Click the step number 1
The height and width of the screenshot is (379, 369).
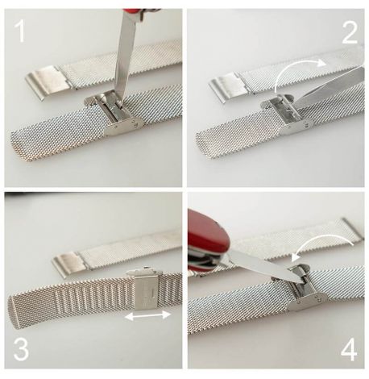pos(20,31)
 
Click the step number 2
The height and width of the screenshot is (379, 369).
pos(350,33)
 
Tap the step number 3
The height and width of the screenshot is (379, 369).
pos(21,349)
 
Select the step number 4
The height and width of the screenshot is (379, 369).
pos(349,349)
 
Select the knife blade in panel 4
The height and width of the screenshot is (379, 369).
pos(264,268)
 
